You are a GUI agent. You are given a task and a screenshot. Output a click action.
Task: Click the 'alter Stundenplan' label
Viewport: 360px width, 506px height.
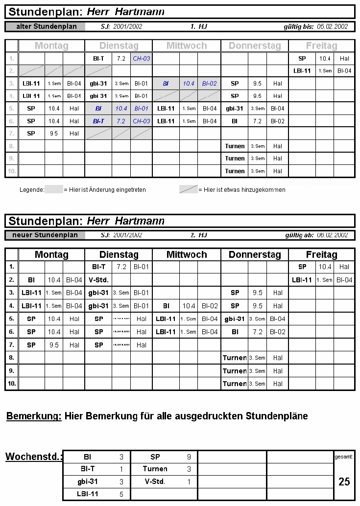point(47,26)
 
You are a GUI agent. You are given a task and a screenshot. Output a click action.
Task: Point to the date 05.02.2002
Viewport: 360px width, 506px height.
point(333,26)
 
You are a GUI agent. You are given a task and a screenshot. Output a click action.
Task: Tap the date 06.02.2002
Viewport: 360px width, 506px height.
point(333,235)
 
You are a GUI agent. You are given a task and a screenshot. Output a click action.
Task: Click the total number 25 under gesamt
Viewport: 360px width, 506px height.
point(344,482)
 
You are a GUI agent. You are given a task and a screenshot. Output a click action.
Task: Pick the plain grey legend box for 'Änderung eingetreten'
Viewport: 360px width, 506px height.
point(54,189)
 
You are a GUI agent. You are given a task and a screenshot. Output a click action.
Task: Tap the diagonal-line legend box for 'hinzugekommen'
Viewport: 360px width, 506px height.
point(189,189)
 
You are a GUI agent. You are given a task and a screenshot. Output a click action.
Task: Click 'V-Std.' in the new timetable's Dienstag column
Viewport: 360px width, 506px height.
point(98,280)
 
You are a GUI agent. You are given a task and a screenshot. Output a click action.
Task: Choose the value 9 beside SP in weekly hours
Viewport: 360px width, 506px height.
point(189,457)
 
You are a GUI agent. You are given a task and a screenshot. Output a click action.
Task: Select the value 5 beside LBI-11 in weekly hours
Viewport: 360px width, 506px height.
point(121,494)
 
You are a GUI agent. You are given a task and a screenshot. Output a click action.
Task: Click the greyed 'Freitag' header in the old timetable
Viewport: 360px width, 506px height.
point(321,46)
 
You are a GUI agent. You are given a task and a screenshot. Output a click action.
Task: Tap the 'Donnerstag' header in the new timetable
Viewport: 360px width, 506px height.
point(255,254)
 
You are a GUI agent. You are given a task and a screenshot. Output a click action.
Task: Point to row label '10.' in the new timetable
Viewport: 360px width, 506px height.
point(11,384)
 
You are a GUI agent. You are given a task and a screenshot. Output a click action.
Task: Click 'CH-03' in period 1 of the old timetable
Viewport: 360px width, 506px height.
point(142,59)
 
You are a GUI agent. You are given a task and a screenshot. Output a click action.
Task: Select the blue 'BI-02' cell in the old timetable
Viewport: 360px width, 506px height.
point(209,84)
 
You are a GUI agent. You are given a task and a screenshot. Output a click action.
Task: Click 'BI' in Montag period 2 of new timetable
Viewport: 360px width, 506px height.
point(31,280)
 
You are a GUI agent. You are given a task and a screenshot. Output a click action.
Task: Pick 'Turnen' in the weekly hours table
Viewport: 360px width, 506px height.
point(155,469)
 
